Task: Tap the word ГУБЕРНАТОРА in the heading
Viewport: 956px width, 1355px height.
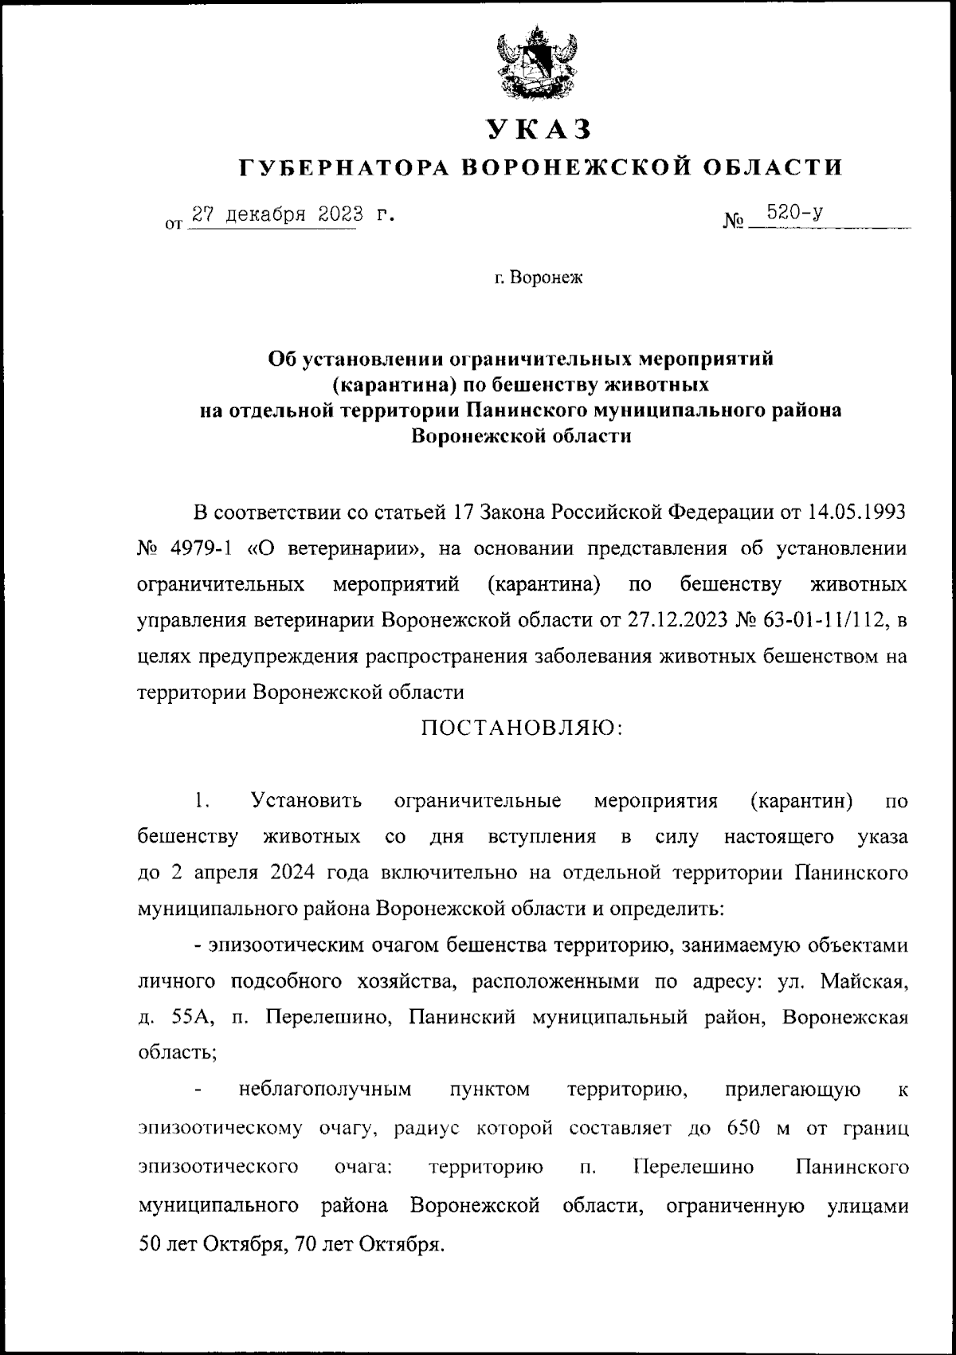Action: click(x=347, y=167)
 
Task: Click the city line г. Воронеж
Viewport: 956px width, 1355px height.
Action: click(x=538, y=279)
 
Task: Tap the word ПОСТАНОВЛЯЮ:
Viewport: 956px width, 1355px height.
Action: click(x=522, y=728)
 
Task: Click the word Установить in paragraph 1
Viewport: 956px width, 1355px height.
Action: click(x=307, y=800)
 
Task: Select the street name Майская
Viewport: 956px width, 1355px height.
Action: click(x=868, y=981)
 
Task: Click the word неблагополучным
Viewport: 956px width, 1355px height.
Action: click(x=325, y=1090)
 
